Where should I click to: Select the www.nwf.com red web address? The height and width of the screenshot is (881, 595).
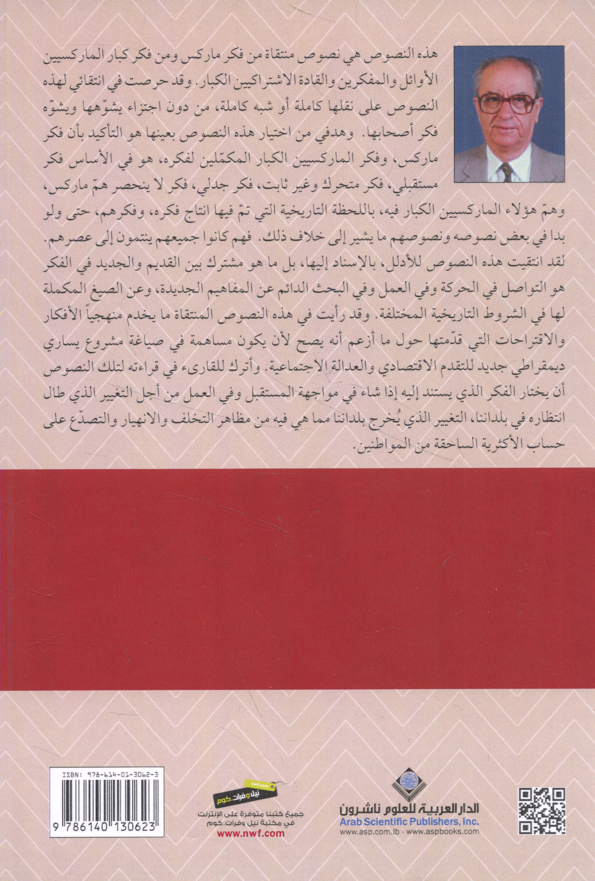(x=251, y=833)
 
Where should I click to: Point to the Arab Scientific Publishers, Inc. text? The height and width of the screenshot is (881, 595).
(x=409, y=821)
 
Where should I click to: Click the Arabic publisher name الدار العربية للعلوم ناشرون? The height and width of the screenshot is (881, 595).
(x=409, y=809)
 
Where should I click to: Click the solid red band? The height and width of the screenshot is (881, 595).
(x=297, y=579)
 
